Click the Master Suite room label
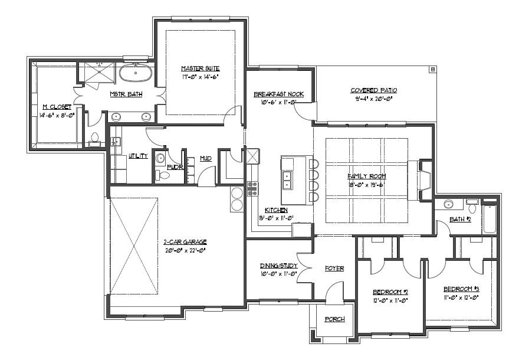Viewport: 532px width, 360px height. (x=201, y=68)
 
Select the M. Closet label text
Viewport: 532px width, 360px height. (x=57, y=107)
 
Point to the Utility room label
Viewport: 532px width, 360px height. (x=138, y=156)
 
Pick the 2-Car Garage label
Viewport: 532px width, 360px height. (x=185, y=242)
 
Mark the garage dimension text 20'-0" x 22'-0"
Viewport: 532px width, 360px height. (x=185, y=250)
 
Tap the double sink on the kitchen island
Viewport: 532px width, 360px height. (x=288, y=179)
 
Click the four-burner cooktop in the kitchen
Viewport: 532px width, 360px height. (x=252, y=188)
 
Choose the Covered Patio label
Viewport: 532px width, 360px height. (x=373, y=90)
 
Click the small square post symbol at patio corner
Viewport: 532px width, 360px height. (x=432, y=70)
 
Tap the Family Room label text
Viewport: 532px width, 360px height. (x=366, y=176)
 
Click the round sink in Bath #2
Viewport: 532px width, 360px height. (x=449, y=205)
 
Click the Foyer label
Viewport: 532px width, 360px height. (x=334, y=269)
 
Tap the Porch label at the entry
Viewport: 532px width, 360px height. (x=334, y=319)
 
